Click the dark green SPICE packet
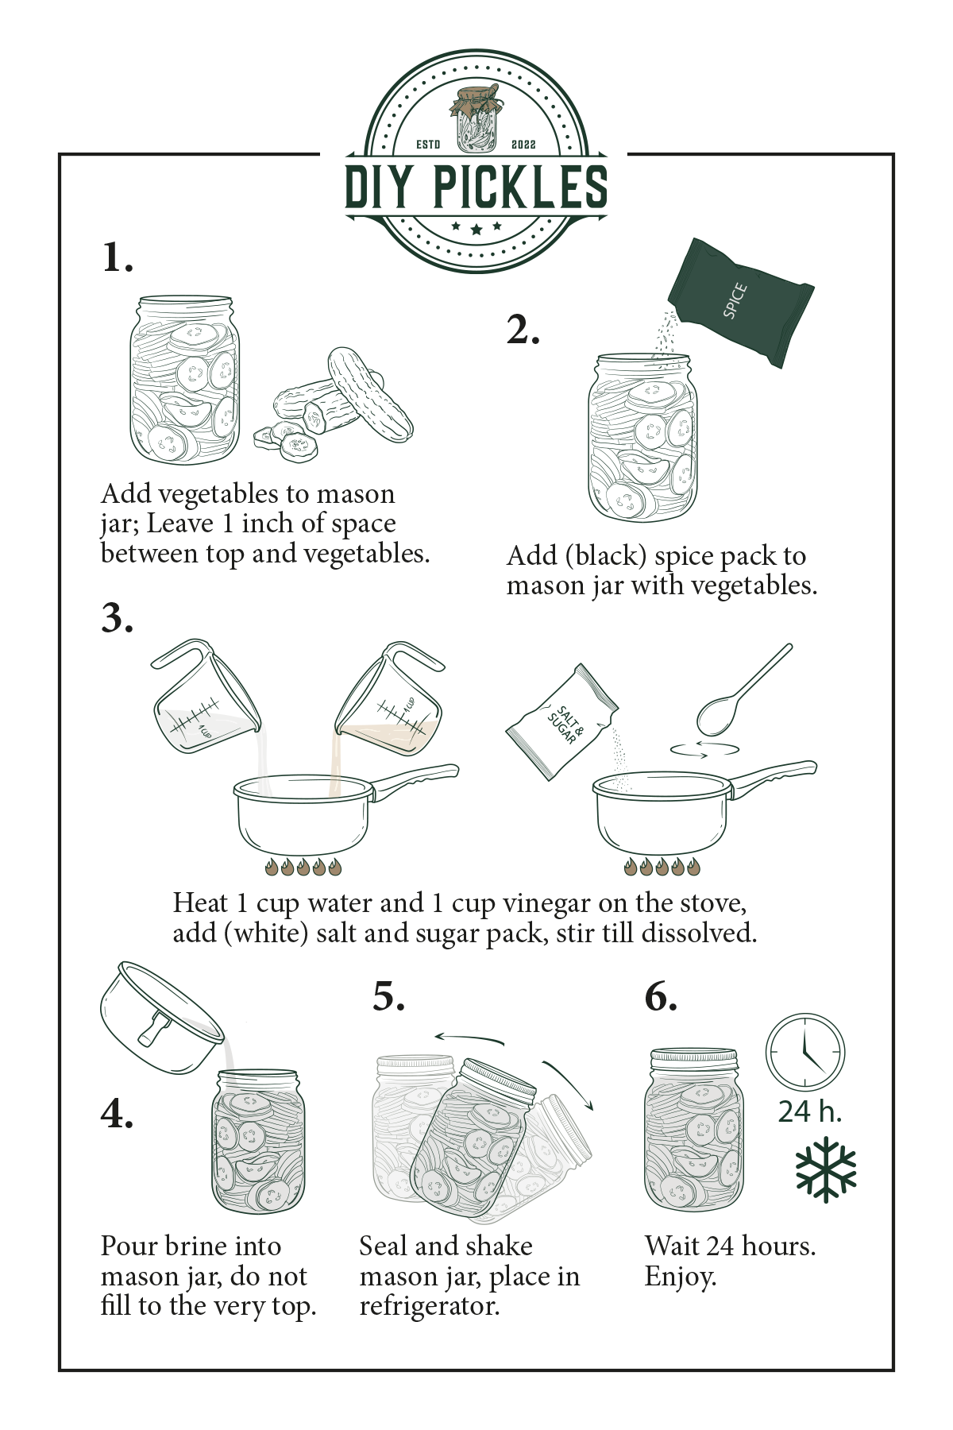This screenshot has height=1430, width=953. [739, 302]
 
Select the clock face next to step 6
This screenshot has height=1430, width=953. [804, 1052]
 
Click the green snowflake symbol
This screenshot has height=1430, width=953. [826, 1169]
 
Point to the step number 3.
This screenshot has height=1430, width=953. [117, 618]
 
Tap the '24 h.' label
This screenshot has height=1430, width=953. [809, 1111]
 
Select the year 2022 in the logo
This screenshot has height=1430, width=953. [523, 145]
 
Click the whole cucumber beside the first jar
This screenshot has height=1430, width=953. [369, 393]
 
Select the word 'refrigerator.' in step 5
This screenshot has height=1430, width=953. [430, 1306]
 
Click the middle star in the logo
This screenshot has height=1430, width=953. [476, 230]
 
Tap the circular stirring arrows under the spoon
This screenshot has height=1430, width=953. [704, 749]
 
